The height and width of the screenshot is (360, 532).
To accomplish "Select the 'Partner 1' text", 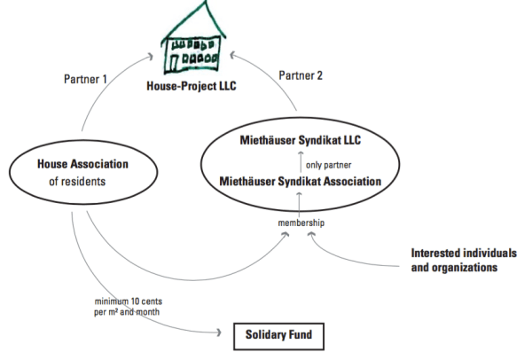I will tap(86, 79).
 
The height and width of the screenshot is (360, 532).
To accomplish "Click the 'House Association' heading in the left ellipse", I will tap(82, 164).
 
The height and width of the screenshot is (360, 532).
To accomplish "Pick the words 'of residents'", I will tap(77, 182).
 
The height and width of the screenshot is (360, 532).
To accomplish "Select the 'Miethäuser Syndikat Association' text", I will tap(299, 181).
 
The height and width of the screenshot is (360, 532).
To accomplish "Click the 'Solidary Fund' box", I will tap(279, 336).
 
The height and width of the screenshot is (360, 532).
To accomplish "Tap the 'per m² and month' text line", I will tap(129, 312).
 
